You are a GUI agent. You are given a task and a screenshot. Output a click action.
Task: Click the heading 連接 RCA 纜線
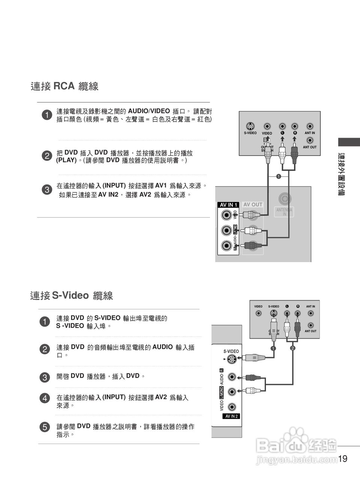[x=64, y=86]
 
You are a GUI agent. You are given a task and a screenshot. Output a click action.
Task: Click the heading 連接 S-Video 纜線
[x=71, y=295]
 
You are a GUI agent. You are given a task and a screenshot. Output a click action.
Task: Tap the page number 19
[x=343, y=459]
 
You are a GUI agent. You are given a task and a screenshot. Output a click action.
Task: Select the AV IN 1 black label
[x=228, y=205]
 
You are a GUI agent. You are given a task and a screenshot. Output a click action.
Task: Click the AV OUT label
[x=253, y=204]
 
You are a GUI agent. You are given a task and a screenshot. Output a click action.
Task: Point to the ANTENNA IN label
[x=284, y=212]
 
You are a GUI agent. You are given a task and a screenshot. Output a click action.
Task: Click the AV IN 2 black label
[x=231, y=416]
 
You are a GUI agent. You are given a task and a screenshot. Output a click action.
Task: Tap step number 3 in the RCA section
[x=46, y=189]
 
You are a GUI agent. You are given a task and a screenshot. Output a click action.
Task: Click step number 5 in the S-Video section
[x=44, y=427]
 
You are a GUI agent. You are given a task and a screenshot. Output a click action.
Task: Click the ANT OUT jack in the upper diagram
[x=310, y=141]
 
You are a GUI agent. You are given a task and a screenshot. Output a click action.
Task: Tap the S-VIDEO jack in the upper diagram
[x=250, y=126]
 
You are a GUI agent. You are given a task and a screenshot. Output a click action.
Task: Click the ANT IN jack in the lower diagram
[x=310, y=313]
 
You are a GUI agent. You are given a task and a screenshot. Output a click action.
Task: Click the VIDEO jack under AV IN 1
[x=226, y=215]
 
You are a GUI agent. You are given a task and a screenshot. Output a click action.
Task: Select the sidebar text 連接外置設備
[x=341, y=174]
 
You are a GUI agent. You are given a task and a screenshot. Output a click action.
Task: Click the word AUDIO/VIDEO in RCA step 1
[x=149, y=111]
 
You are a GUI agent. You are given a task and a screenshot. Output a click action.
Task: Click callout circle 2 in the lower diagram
[x=292, y=348]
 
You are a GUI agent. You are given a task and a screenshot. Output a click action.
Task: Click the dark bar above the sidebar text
[x=349, y=142]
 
